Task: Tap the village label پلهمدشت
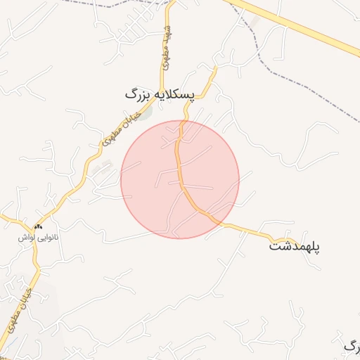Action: click(295, 247)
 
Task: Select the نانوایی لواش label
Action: click(39, 238)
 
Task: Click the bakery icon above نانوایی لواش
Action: click(38, 227)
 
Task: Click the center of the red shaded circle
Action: click(180, 179)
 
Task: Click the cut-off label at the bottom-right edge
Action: click(352, 345)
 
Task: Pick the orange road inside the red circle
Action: click(181, 176)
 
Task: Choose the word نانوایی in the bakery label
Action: click(49, 238)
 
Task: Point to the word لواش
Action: click(28, 238)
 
